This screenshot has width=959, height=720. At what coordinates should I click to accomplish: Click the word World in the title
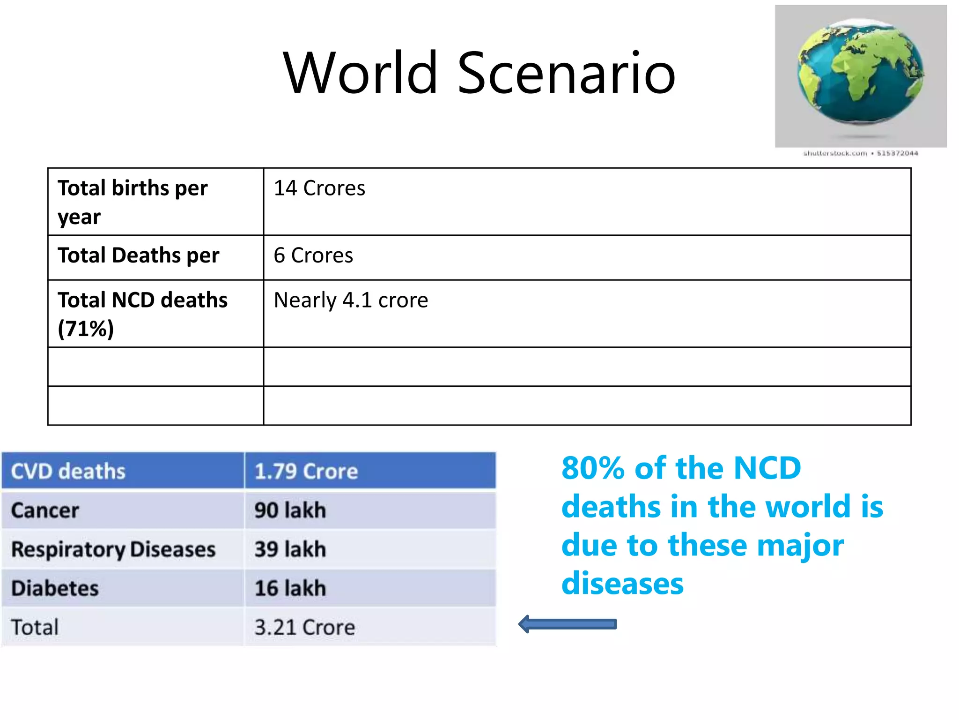coord(361,74)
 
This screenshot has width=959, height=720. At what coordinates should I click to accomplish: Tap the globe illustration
coord(861,73)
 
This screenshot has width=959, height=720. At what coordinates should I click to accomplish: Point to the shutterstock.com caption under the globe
coord(860,153)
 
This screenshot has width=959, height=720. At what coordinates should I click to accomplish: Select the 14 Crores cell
coord(319,188)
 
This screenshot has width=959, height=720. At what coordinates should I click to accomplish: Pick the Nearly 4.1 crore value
coord(351,300)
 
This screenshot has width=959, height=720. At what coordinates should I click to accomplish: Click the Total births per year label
coord(133,202)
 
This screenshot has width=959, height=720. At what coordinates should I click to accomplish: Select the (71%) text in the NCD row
coord(86,329)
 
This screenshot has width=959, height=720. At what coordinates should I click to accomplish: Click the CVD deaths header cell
coord(68,471)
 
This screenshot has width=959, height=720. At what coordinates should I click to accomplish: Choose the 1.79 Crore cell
coord(306,471)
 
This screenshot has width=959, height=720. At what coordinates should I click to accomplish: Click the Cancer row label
coord(45,510)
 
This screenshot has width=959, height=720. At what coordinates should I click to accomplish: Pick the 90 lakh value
coord(290,510)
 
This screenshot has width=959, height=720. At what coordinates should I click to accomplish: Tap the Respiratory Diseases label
coord(113,549)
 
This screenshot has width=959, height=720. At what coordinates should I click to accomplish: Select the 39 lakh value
coord(290,549)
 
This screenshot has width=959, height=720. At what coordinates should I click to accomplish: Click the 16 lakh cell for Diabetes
coord(290,588)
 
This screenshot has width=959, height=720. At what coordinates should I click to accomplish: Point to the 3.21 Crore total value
coord(304,627)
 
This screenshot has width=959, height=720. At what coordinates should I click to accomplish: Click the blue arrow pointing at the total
coord(568,624)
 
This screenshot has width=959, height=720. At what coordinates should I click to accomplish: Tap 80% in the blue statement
coord(592,468)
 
